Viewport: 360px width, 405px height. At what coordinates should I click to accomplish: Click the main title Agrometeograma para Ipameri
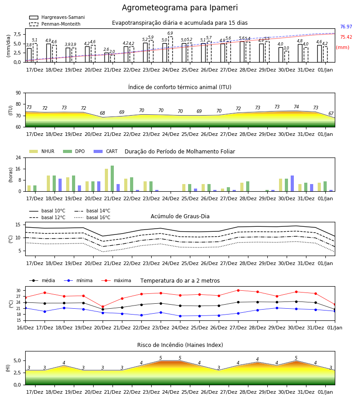[x=180, y=8]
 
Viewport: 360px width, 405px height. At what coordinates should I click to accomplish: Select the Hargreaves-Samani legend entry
[x=57, y=17]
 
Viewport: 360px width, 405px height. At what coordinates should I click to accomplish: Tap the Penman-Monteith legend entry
[x=55, y=24]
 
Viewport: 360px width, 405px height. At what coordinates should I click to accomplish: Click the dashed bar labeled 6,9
[x=171, y=49]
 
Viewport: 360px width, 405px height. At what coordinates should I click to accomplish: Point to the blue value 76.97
[x=346, y=27]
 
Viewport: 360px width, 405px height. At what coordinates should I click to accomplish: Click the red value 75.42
[x=346, y=37]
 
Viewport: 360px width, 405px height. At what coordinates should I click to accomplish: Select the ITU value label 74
[x=296, y=107]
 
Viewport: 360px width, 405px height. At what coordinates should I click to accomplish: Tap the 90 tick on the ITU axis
[x=18, y=93]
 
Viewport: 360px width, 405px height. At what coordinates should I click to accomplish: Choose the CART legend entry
[x=105, y=151]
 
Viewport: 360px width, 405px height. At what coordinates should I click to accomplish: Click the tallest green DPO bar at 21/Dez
[x=112, y=179]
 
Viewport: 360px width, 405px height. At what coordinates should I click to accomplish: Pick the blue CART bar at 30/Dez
[x=292, y=184]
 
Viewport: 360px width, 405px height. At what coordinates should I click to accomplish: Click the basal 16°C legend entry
[x=92, y=217]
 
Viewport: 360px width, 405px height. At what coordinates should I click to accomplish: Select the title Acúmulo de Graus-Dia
[x=180, y=216]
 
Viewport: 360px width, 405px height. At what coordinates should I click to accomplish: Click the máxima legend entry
[x=116, y=280]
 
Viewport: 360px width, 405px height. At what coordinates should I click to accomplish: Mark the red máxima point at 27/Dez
[x=238, y=290]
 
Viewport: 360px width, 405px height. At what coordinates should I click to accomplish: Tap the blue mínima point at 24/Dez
[x=180, y=316]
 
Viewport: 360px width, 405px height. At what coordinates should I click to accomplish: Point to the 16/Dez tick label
[x=25, y=328]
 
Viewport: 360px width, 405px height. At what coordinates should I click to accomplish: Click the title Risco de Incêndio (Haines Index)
[x=180, y=345]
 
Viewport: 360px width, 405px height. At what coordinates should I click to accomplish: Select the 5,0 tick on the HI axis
[x=17, y=360]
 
